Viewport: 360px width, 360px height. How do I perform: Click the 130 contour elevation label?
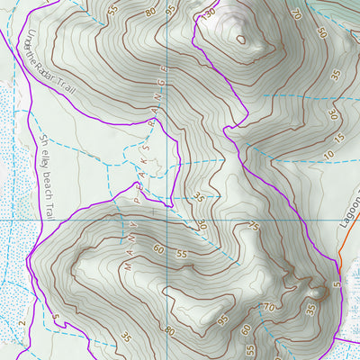(211, 14)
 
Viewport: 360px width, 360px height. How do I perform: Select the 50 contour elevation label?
(322, 33)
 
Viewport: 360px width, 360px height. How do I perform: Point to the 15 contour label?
(337, 137)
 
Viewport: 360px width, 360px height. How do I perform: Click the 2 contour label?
(19, 320)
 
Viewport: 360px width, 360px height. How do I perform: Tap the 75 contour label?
(254, 227)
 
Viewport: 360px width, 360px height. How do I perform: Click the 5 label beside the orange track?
(334, 284)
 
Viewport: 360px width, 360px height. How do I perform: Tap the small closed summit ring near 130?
(240, 39)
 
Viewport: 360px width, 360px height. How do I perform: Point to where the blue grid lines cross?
(167, 219)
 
